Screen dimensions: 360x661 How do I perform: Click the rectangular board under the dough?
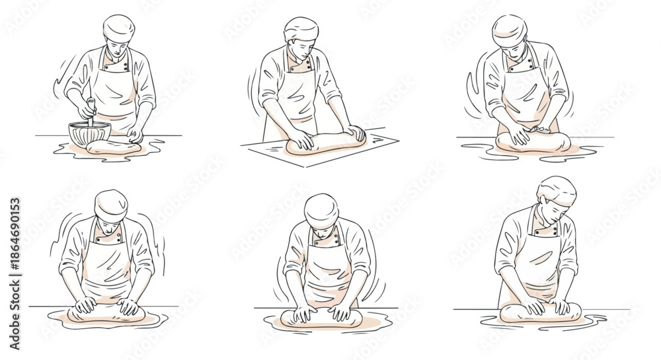[x=317, y=149]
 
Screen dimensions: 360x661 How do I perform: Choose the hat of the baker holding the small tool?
[x=509, y=26]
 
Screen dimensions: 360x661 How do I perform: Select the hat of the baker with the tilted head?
[x=557, y=188]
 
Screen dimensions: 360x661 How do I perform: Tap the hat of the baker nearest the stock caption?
[x=110, y=203]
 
